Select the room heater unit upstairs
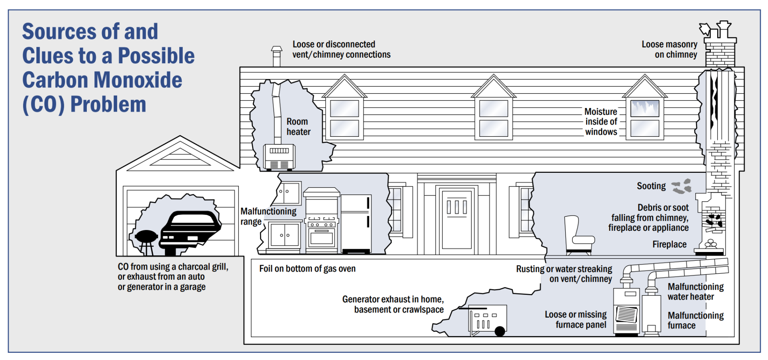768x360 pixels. click(x=279, y=157)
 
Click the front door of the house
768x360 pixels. click(x=456, y=220)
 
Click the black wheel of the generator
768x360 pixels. click(x=500, y=331)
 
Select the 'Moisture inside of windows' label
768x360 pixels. click(x=601, y=122)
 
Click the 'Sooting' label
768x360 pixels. click(x=651, y=186)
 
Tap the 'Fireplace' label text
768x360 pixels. click(x=669, y=244)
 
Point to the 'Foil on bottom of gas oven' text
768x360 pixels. click(x=307, y=269)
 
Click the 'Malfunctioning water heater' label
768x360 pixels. click(x=695, y=292)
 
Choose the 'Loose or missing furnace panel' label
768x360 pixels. click(x=576, y=320)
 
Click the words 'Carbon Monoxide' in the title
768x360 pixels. click(x=102, y=80)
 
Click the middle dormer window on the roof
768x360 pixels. click(x=494, y=118)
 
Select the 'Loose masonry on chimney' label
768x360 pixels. click(x=669, y=50)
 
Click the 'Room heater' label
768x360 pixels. click(x=298, y=127)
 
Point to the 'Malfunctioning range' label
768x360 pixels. click(x=268, y=216)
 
